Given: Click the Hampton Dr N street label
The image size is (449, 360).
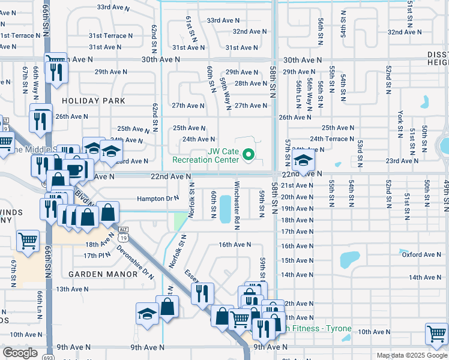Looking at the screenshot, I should tap(158, 198).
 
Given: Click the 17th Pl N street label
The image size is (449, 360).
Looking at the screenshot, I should tap(97, 256).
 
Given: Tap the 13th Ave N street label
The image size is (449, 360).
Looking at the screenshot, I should tap(73, 289).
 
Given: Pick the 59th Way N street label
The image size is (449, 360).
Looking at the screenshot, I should tap(226, 94).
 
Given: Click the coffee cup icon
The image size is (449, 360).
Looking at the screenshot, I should tap(75, 170).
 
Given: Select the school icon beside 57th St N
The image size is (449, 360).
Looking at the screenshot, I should tap(304, 161).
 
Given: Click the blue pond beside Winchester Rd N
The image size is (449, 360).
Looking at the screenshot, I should tap(225, 208).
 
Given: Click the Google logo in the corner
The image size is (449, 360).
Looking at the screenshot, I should tap(20, 353).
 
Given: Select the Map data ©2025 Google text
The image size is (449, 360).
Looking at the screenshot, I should tap(412, 355).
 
